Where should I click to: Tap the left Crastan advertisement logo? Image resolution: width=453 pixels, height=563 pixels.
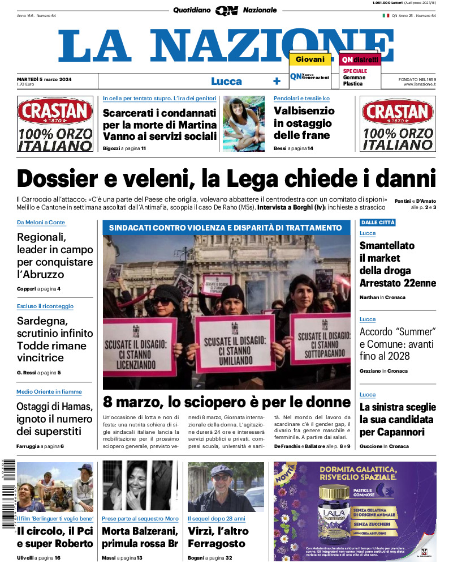tap(55, 123)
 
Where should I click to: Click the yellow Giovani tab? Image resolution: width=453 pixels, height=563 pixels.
tap(310, 59)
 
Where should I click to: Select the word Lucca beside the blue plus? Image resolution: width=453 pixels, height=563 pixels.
tap(226, 81)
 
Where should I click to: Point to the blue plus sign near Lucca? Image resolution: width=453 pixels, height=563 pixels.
tap(277, 81)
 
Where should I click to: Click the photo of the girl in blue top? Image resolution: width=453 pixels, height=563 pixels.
tap(244, 123)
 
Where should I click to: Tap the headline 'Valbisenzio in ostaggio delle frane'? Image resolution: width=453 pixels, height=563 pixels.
tap(304, 123)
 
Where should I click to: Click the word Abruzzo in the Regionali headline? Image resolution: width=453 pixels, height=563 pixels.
tap(44, 275)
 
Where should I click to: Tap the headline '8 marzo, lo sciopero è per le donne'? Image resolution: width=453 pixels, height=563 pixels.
tap(226, 402)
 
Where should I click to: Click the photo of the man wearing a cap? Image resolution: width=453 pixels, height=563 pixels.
tap(226, 487)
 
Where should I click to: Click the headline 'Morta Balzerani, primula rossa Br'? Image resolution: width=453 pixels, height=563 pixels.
tap(140, 538)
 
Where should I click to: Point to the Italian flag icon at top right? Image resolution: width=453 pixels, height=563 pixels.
tap(386, 15)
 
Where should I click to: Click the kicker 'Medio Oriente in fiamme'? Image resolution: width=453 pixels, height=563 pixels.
tap(49, 392)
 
